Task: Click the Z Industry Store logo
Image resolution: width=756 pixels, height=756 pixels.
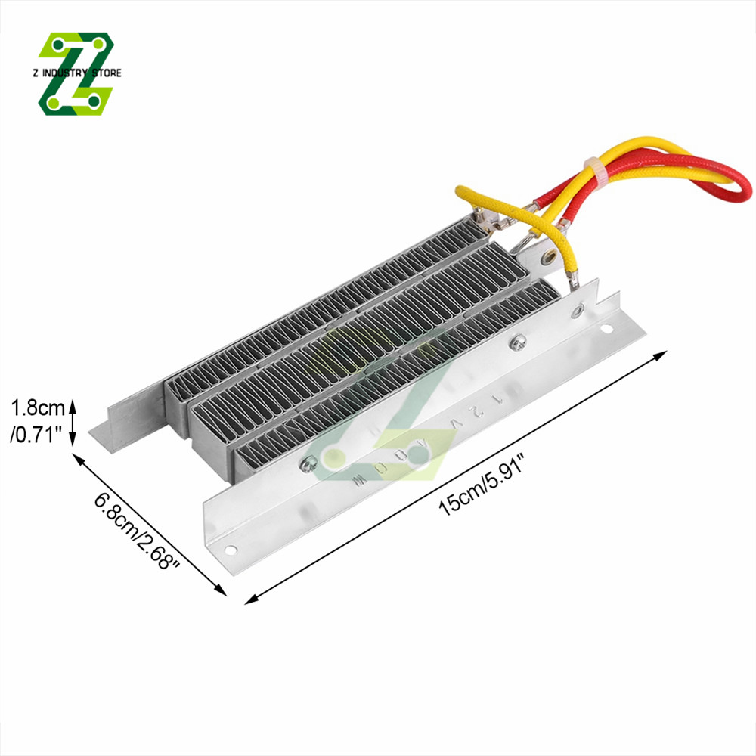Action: pos(76,74)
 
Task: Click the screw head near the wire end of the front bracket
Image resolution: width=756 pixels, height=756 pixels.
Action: pos(519,342)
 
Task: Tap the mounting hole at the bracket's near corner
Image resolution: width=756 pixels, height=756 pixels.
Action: pos(231,550)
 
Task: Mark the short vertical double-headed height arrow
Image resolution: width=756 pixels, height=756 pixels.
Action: pos(73,423)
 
